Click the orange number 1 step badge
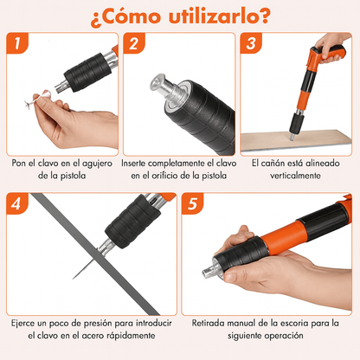click(x=17, y=43)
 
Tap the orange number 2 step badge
click(x=134, y=43)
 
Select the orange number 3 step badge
click(x=251, y=43)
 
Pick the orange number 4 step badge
click(x=17, y=203)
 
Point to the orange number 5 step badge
click(x=192, y=203)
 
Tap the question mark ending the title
click(x=264, y=16)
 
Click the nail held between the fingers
click(x=37, y=99)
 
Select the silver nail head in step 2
click(x=157, y=83)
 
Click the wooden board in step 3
click(x=296, y=140)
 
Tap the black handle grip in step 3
click(x=332, y=54)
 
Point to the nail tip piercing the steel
click(x=74, y=279)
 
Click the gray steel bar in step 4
click(x=95, y=254)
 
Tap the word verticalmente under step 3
click(x=295, y=176)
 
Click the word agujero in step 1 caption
click(x=97, y=164)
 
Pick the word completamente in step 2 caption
click(x=181, y=164)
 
